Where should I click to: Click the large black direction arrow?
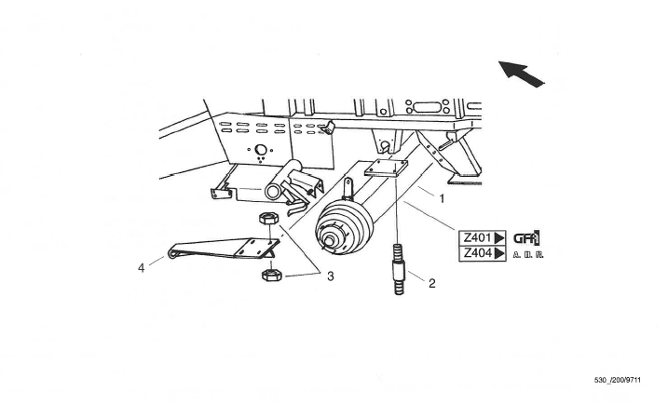521,74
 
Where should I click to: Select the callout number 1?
442,198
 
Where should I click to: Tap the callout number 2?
431,284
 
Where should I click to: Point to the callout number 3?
330,276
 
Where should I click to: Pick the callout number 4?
142,268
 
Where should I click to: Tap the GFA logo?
526,237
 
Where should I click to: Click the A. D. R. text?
527,254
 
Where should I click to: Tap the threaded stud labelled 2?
397,268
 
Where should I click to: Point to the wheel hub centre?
331,245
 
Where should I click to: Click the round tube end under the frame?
273,191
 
